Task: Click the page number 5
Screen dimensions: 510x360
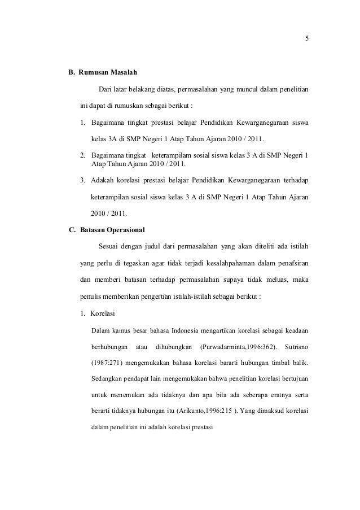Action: click(306, 39)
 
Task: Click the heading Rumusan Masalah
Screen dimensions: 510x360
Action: click(107, 73)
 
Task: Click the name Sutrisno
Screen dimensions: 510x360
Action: click(297, 345)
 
